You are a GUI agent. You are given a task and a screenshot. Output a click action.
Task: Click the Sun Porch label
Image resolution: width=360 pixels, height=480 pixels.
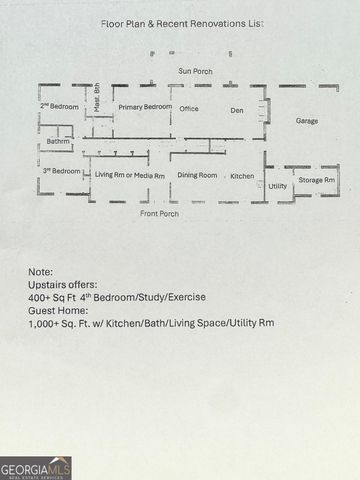(x=195, y=71)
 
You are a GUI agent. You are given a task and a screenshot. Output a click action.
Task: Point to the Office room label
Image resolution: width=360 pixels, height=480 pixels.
(x=189, y=108)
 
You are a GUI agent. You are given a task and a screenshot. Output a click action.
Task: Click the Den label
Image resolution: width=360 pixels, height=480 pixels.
(x=237, y=109)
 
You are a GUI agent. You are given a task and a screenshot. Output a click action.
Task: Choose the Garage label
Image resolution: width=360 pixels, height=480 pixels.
(x=307, y=120)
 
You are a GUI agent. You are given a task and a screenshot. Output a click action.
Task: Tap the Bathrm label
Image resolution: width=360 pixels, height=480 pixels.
(x=58, y=142)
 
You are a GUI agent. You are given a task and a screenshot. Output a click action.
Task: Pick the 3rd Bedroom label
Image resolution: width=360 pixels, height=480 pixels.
(x=61, y=171)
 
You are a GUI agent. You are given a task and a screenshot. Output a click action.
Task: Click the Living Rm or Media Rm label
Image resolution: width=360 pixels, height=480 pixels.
(x=130, y=175)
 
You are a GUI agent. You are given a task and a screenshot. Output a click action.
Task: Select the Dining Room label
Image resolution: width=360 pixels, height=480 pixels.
(x=197, y=175)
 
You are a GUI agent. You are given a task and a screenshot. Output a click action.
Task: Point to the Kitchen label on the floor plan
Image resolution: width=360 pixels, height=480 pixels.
(x=242, y=176)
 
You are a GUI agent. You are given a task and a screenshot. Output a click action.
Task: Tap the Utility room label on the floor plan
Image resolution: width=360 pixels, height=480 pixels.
(x=278, y=185)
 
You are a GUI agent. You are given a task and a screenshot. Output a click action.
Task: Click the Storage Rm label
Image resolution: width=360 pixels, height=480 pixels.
(x=317, y=180)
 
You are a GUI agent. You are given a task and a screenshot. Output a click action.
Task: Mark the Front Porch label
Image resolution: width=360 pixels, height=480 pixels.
(x=160, y=213)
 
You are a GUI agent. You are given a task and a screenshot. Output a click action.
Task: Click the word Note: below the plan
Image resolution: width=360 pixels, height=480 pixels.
(x=40, y=271)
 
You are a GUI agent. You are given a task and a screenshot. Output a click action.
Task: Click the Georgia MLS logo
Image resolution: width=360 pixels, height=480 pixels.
(x=36, y=467)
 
